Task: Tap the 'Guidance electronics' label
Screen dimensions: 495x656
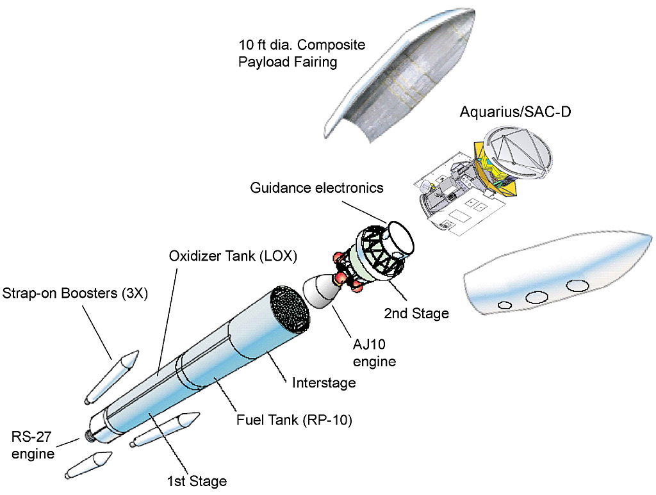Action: (316, 188)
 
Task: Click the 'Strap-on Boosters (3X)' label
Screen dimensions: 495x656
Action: (75, 293)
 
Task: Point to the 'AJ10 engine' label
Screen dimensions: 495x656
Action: (375, 353)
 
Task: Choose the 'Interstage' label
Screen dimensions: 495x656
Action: (324, 382)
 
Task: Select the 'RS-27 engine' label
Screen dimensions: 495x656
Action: (33, 446)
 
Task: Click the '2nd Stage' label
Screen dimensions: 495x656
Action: (416, 313)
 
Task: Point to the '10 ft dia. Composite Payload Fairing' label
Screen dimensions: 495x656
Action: (301, 54)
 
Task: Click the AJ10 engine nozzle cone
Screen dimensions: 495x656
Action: (320, 294)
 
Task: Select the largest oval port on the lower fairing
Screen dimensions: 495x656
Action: (578, 285)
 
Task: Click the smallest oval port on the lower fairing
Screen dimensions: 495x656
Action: (505, 305)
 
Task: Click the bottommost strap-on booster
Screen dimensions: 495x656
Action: (88, 466)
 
